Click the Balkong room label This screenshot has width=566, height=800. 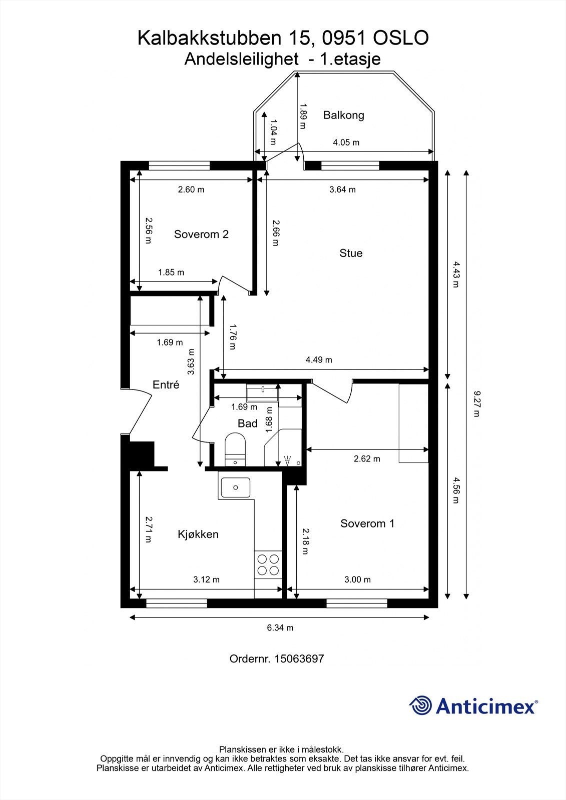tap(343, 115)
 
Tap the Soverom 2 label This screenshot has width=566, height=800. tap(201, 234)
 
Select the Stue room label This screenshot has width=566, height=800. tap(351, 253)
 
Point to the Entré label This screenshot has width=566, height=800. tap(166, 384)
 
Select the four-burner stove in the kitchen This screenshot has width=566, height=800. tap(268, 564)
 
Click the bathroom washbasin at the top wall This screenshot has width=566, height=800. tap(262, 390)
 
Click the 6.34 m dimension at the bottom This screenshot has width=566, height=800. tap(280, 627)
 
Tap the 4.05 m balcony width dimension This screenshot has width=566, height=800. tap(346, 142)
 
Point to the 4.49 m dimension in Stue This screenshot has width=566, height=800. tap(319, 359)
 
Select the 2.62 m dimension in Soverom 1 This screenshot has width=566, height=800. tap(367, 458)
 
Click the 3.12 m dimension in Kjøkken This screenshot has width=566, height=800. tap(206, 579)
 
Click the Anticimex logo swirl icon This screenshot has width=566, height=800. tap(420, 705)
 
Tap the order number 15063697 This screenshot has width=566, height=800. tap(299, 658)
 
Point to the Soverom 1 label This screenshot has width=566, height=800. tap(367, 523)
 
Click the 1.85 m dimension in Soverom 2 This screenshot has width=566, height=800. tap(171, 272)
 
